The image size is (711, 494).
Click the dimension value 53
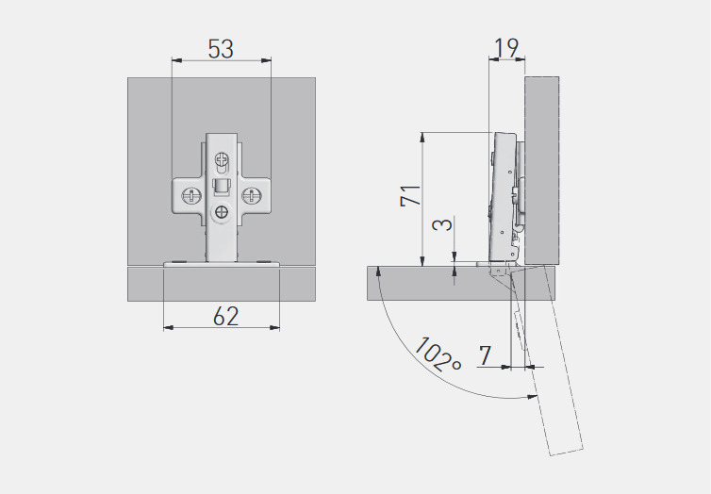tap(221, 49)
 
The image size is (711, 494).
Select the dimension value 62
tap(225, 316)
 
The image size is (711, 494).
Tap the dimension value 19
tap(505, 47)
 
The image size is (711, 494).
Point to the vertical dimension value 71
tap(410, 195)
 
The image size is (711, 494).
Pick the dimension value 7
tap(486, 354)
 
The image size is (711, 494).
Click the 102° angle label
tap(438, 354)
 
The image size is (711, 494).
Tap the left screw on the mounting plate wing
tap(191, 196)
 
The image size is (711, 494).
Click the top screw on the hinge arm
tap(223, 159)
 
